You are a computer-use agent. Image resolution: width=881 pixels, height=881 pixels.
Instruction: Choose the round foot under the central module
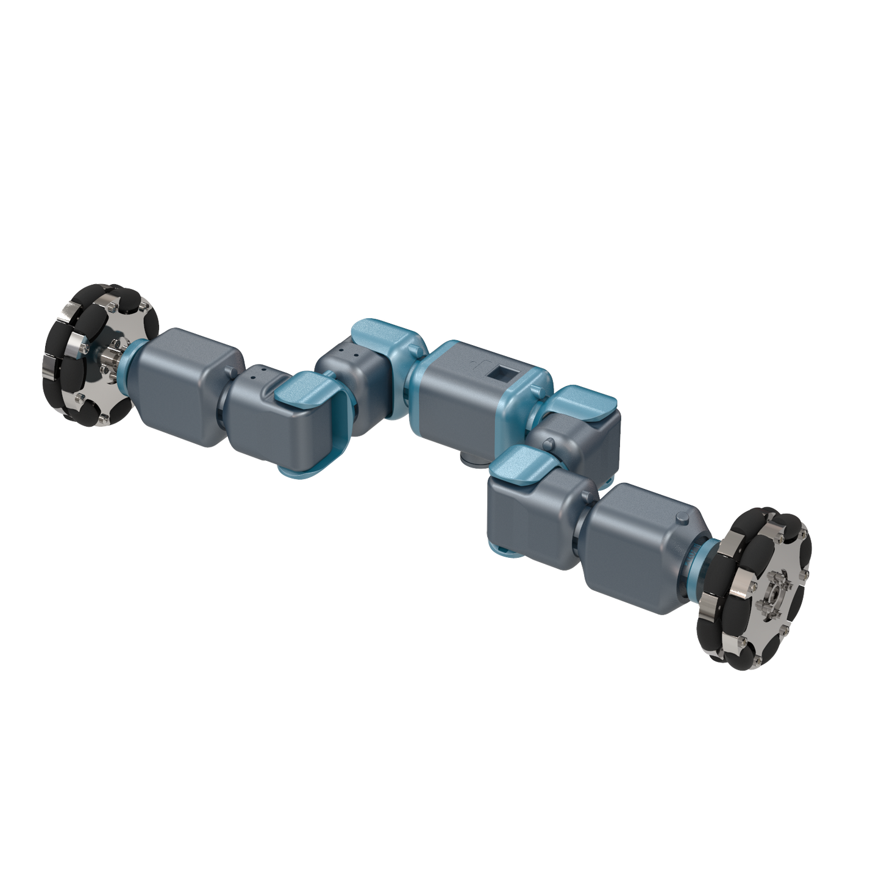470,457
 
